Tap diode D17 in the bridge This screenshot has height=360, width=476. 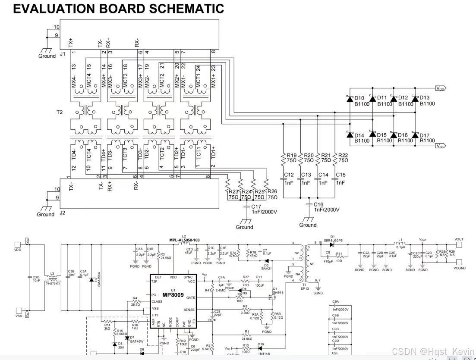click(x=415, y=135)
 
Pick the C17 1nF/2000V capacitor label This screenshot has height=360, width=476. click(x=264, y=209)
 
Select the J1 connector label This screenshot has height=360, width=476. click(x=62, y=53)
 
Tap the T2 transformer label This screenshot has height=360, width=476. click(x=59, y=113)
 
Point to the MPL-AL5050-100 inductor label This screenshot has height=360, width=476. click(x=184, y=240)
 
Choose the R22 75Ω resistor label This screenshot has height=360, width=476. click(x=343, y=158)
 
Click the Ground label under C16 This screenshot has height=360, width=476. click(x=308, y=225)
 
